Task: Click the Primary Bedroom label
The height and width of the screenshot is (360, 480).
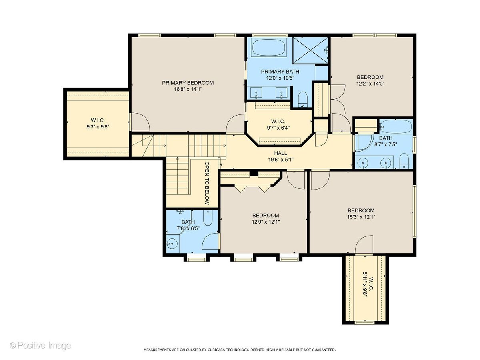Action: click(x=188, y=83)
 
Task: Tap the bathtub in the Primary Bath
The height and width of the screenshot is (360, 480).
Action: click(x=269, y=48)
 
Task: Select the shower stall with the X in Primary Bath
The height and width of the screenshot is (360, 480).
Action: click(x=310, y=50)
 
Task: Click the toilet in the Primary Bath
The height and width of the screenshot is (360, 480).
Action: click(x=303, y=99)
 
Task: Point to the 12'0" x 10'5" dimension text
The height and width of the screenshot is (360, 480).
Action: click(x=280, y=78)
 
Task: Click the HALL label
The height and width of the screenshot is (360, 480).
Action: click(x=280, y=153)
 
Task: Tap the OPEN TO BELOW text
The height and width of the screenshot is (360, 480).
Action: click(x=207, y=183)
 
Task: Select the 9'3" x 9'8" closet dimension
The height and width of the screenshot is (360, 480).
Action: click(x=98, y=126)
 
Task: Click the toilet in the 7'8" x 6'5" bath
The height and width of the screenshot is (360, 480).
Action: click(x=208, y=218)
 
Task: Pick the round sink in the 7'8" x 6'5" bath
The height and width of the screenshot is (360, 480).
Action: click(x=172, y=243)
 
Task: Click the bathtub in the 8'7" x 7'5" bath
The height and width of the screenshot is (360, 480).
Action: click(x=396, y=126)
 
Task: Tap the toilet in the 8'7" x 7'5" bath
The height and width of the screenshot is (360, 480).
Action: click(x=404, y=161)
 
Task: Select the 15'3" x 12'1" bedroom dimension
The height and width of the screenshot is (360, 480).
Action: click(x=361, y=217)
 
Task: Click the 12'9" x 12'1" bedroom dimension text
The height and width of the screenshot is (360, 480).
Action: click(x=266, y=222)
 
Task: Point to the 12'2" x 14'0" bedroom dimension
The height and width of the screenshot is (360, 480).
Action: click(x=370, y=84)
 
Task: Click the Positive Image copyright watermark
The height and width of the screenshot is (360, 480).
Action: click(x=40, y=346)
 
